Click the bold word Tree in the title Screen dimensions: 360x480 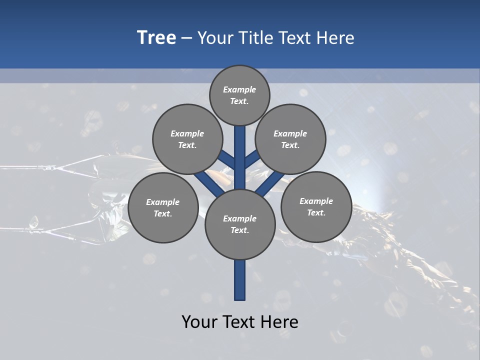point(156,37)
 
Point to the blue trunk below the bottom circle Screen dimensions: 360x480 point(240,280)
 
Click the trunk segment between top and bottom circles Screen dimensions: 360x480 point(240,157)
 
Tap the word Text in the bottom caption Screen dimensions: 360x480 point(239,322)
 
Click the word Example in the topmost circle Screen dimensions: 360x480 point(239,90)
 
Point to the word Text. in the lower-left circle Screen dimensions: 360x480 point(162,214)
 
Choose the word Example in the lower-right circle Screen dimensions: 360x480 point(316,201)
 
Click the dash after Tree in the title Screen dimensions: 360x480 point(186,38)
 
